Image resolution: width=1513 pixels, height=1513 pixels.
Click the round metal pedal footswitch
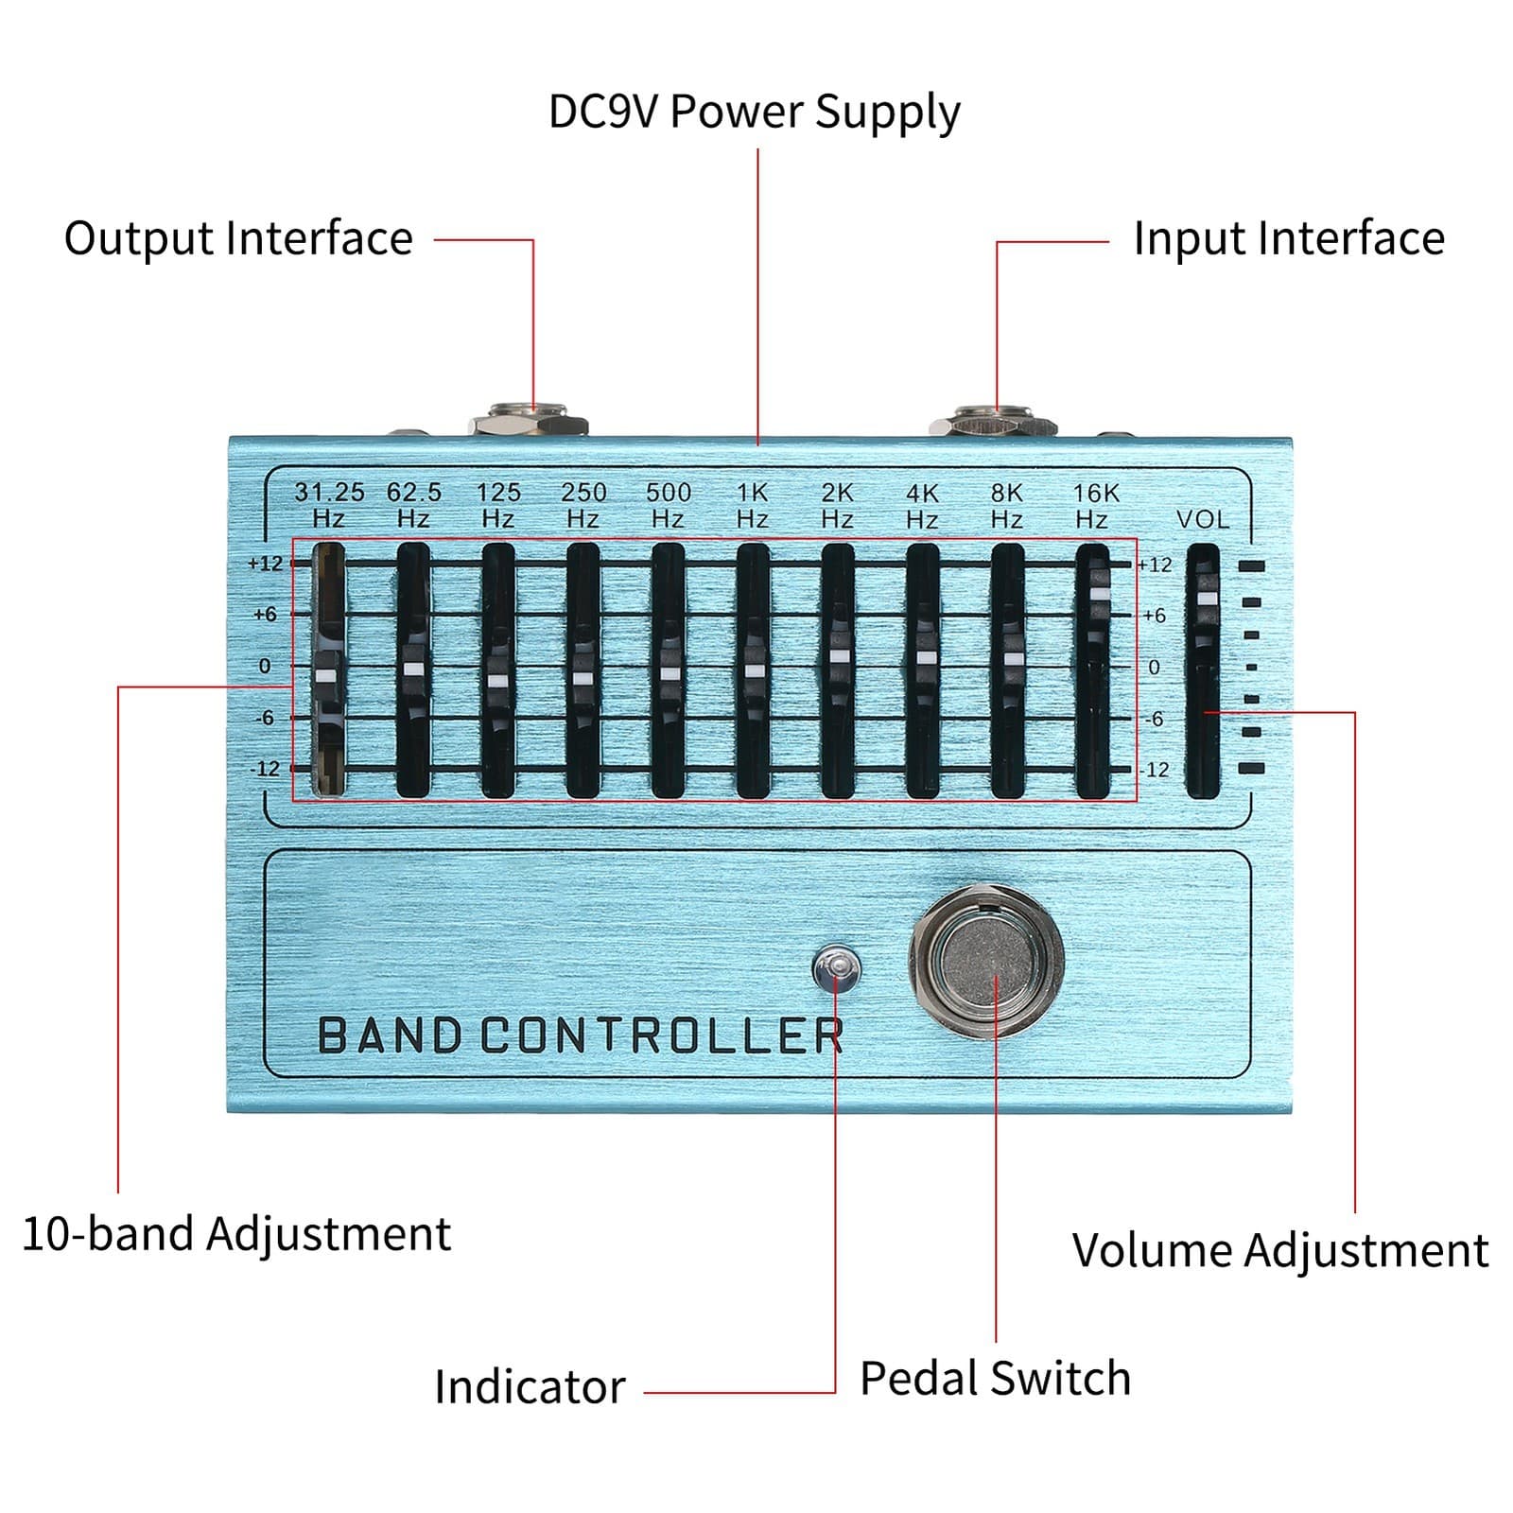tap(986, 961)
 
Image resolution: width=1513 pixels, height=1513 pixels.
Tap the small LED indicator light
tap(836, 967)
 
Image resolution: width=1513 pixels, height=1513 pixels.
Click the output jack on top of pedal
tap(529, 419)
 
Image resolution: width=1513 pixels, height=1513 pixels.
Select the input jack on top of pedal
tap(993, 420)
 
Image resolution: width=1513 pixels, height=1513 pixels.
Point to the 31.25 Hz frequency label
tap(329, 505)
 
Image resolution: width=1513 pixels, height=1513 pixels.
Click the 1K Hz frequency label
tap(753, 505)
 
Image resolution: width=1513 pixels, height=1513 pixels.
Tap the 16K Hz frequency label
tap(1094, 505)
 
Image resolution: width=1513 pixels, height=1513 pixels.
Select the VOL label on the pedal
tap(1203, 519)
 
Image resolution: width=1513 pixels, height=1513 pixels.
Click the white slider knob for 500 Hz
tap(670, 672)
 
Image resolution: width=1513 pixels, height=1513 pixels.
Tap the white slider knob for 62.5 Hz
tap(413, 669)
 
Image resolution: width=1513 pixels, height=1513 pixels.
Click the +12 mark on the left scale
tap(266, 564)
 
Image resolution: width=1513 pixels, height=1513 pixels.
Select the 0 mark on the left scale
tap(265, 666)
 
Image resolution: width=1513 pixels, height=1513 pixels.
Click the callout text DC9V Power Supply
tap(754, 112)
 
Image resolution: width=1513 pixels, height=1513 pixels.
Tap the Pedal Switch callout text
tap(995, 1378)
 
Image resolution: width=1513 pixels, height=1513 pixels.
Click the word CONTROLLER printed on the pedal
tap(662, 1035)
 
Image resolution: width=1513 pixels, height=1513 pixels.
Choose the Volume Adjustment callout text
tap(1279, 1250)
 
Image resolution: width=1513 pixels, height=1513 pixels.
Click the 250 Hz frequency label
tap(583, 505)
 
